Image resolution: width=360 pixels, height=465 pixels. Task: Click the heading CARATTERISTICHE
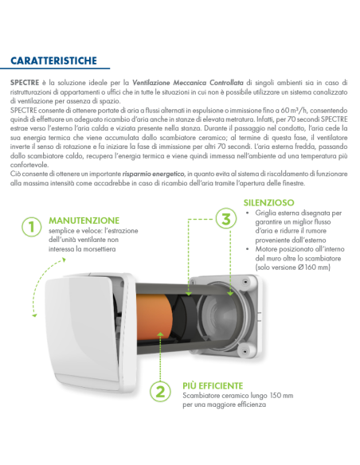pos(53,61)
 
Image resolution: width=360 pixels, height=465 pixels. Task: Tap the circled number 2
pos(160,391)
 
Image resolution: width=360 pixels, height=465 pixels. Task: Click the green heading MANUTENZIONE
pos(84,220)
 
